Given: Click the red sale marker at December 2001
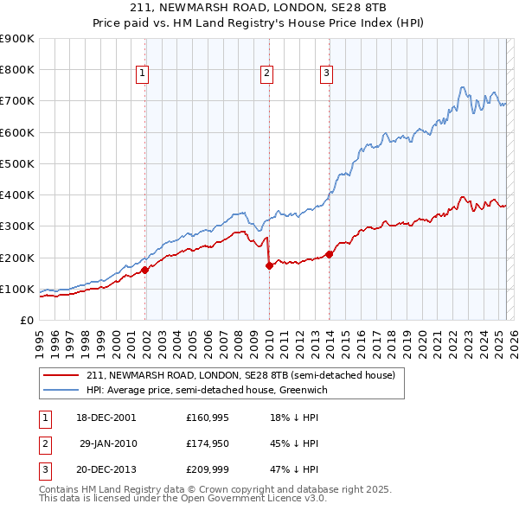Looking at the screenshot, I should point(144,270).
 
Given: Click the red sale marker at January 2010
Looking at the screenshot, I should point(269,265).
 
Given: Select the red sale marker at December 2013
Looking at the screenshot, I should point(329,254).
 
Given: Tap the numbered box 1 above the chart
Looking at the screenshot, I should point(142,73).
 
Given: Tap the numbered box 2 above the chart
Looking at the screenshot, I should point(266,73).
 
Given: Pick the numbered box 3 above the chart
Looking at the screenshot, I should point(327,73).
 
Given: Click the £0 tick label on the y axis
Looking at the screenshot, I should point(26,321).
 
